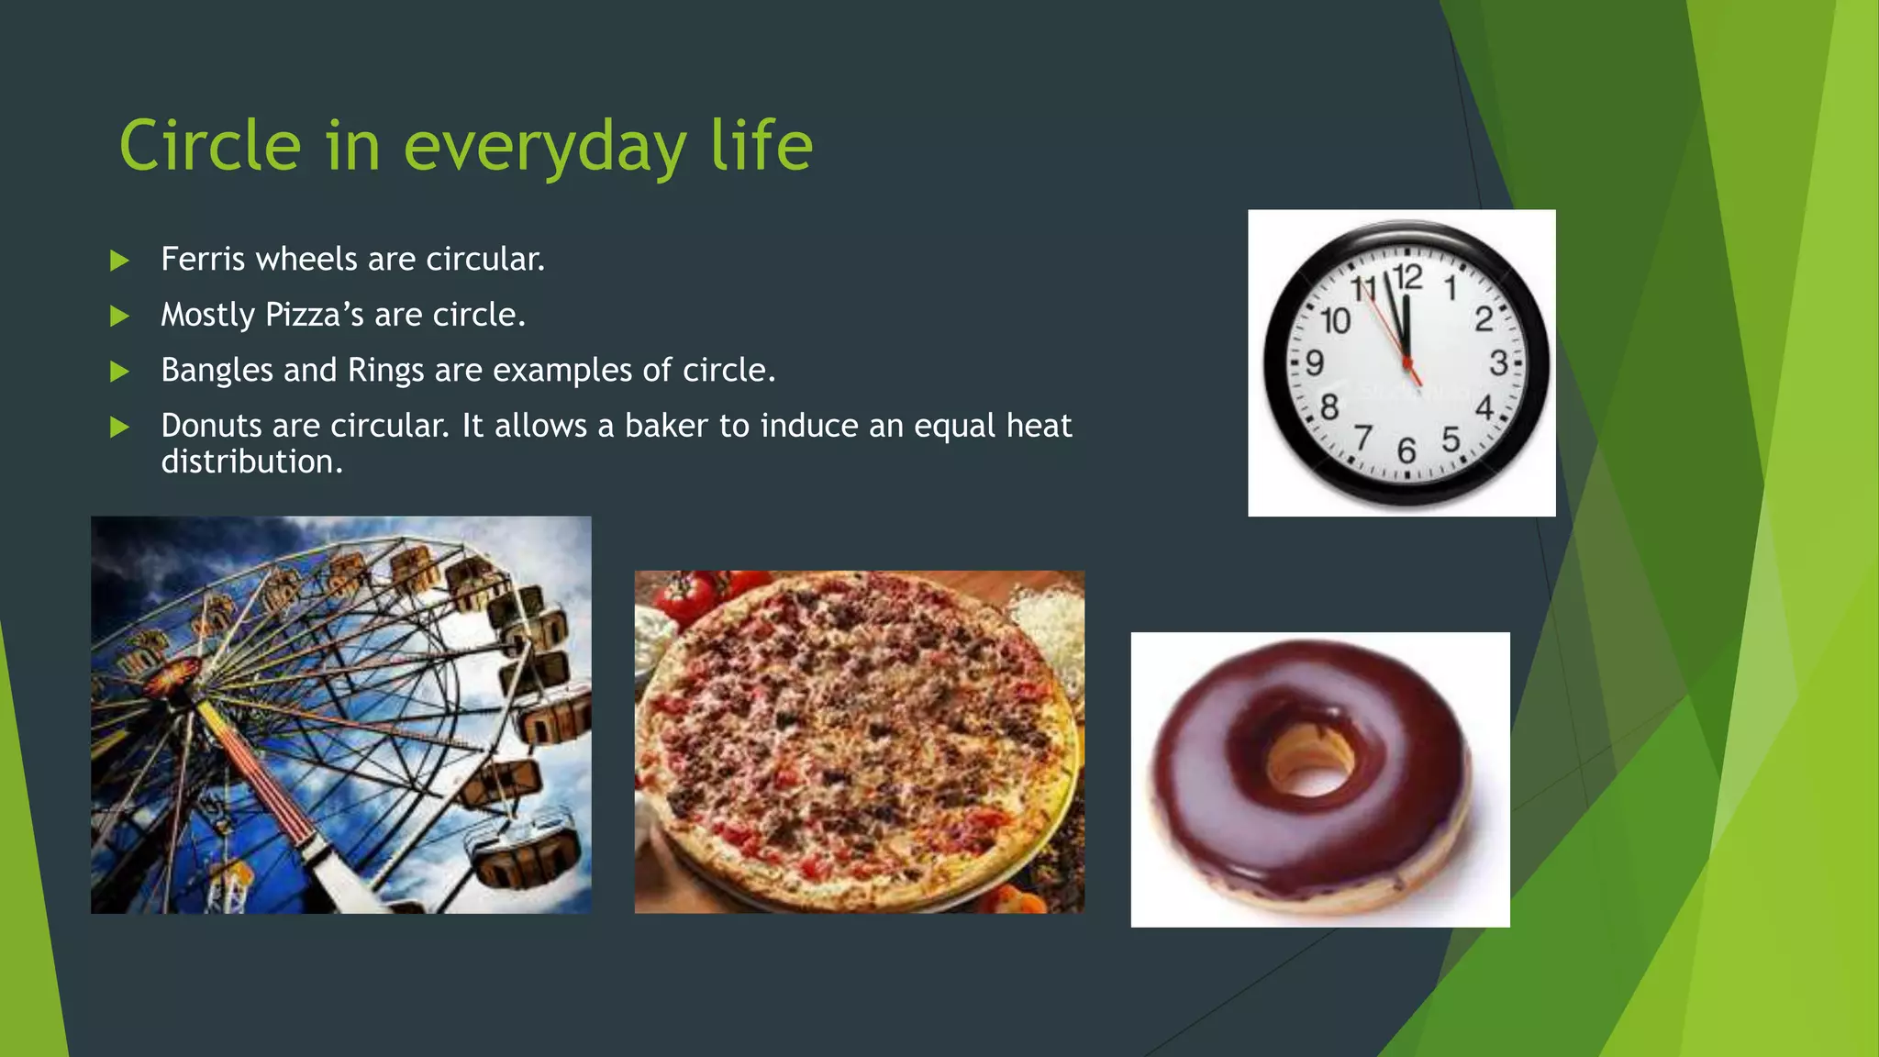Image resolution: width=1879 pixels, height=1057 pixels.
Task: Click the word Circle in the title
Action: tap(210, 146)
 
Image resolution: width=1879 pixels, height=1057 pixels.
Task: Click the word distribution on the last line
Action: tap(251, 462)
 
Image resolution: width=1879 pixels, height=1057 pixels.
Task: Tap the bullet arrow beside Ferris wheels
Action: tap(119, 261)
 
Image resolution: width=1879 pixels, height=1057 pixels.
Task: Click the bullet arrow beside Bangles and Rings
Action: tap(119, 372)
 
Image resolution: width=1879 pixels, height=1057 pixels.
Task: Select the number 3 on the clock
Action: tap(1497, 363)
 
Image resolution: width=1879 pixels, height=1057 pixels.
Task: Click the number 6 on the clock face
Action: tap(1406, 451)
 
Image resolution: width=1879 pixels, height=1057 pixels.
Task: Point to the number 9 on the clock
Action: tap(1315, 363)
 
